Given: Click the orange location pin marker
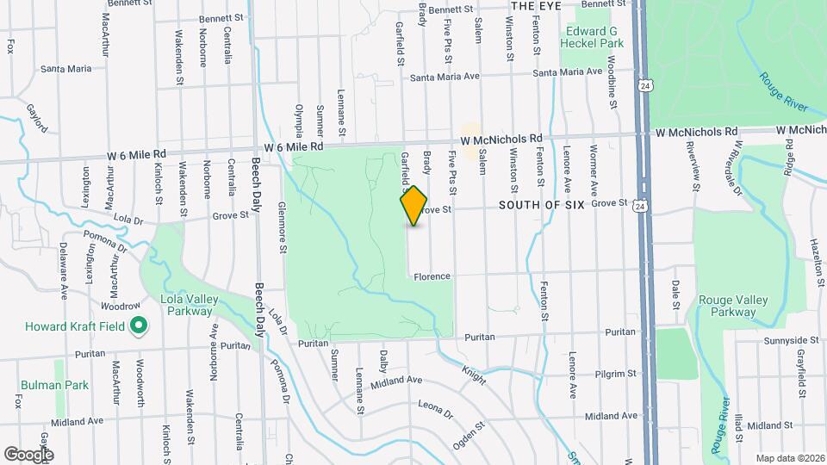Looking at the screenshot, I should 414,206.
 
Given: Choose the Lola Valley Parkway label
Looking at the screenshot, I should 186,305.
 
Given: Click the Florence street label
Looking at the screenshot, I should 432,276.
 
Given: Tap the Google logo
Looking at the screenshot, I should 28,454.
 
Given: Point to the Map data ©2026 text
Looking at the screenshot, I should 789,457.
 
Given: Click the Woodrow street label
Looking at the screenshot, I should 120,306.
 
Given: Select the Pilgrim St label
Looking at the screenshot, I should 614,375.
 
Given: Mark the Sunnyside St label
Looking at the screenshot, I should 789,341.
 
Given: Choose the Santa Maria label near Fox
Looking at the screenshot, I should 65,68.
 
